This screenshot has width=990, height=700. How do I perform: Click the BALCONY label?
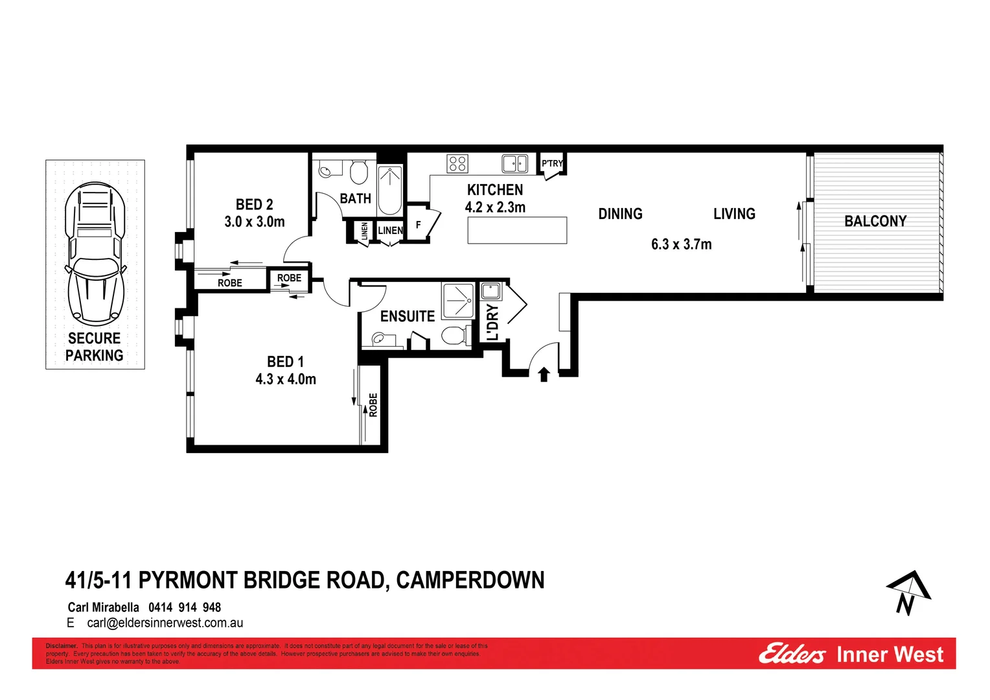click(x=875, y=221)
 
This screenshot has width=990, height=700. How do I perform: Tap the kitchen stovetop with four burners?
click(x=457, y=163)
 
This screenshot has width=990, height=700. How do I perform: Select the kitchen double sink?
click(x=515, y=163)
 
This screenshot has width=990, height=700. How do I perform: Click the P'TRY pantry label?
click(x=553, y=163)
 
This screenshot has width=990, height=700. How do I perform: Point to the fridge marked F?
click(x=419, y=225)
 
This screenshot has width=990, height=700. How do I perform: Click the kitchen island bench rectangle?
click(x=517, y=230)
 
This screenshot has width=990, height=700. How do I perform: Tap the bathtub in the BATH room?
click(x=390, y=190)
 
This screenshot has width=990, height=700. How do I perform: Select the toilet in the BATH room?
click(x=358, y=172)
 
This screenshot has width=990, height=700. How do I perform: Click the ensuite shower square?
click(x=459, y=301)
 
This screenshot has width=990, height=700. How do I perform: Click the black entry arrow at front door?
click(x=544, y=374)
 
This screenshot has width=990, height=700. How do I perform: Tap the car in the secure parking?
click(x=95, y=254)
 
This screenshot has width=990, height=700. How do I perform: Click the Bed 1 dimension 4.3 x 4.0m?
click(x=286, y=379)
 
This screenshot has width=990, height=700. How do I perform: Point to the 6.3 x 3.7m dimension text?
click(x=681, y=244)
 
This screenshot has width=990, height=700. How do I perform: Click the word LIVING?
click(x=734, y=214)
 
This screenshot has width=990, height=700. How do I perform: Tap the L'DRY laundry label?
click(x=492, y=322)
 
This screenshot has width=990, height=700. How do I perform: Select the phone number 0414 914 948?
click(x=185, y=607)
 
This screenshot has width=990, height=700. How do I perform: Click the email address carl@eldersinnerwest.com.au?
click(x=165, y=623)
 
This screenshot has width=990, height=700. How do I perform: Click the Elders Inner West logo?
click(x=851, y=654)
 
